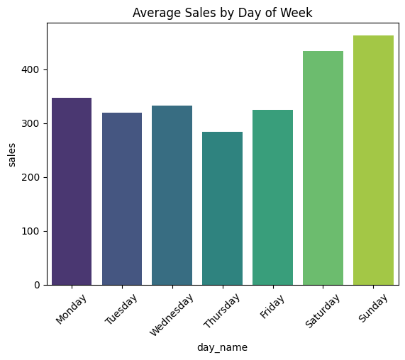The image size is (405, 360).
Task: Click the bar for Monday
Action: (x=72, y=191)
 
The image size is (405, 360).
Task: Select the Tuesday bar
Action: (x=122, y=198)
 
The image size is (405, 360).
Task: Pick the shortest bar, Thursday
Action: (x=222, y=208)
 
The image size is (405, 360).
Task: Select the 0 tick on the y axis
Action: (x=38, y=285)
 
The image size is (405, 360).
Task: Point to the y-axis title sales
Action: (x=12, y=154)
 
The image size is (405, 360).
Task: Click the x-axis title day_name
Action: (x=222, y=347)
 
